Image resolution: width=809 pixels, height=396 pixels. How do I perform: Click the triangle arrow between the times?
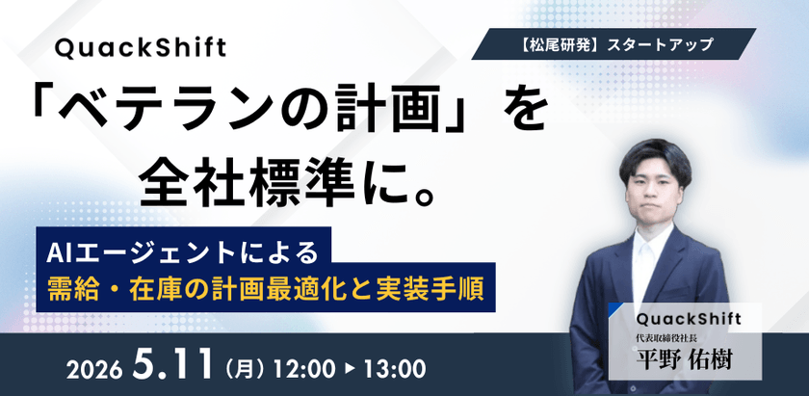click(351, 368)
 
